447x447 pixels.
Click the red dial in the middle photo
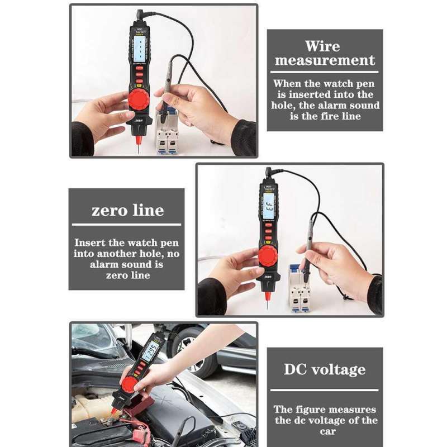tap(268, 256)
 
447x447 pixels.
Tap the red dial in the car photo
tap(130, 385)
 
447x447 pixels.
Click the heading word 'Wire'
tap(322, 46)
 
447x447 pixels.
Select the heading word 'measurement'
tap(325, 61)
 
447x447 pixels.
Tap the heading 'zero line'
tap(127, 211)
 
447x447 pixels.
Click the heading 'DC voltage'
tap(325, 369)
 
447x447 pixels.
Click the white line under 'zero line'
tap(127, 224)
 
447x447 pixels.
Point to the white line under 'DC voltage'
tap(325, 389)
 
